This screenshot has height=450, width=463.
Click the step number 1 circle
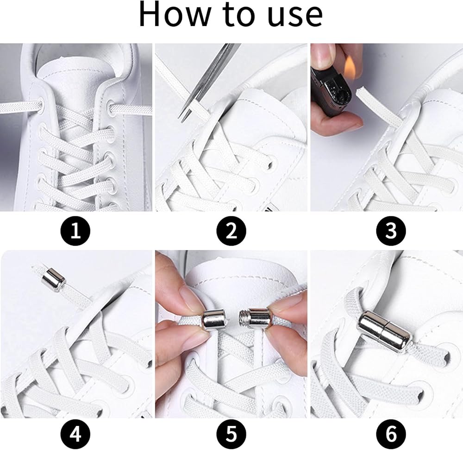coord(75,230)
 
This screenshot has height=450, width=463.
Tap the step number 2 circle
coord(231,230)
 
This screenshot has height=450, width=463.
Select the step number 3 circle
coord(391,230)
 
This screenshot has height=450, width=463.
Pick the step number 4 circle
coord(75,434)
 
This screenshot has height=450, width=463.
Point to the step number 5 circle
coord(231,434)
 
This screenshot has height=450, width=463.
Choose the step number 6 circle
coord(391,434)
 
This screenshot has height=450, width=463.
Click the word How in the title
coord(175,14)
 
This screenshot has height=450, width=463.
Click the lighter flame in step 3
coord(350,64)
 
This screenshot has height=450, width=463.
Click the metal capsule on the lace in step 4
coord(53,279)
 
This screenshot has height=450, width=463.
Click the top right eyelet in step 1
coord(111,107)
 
